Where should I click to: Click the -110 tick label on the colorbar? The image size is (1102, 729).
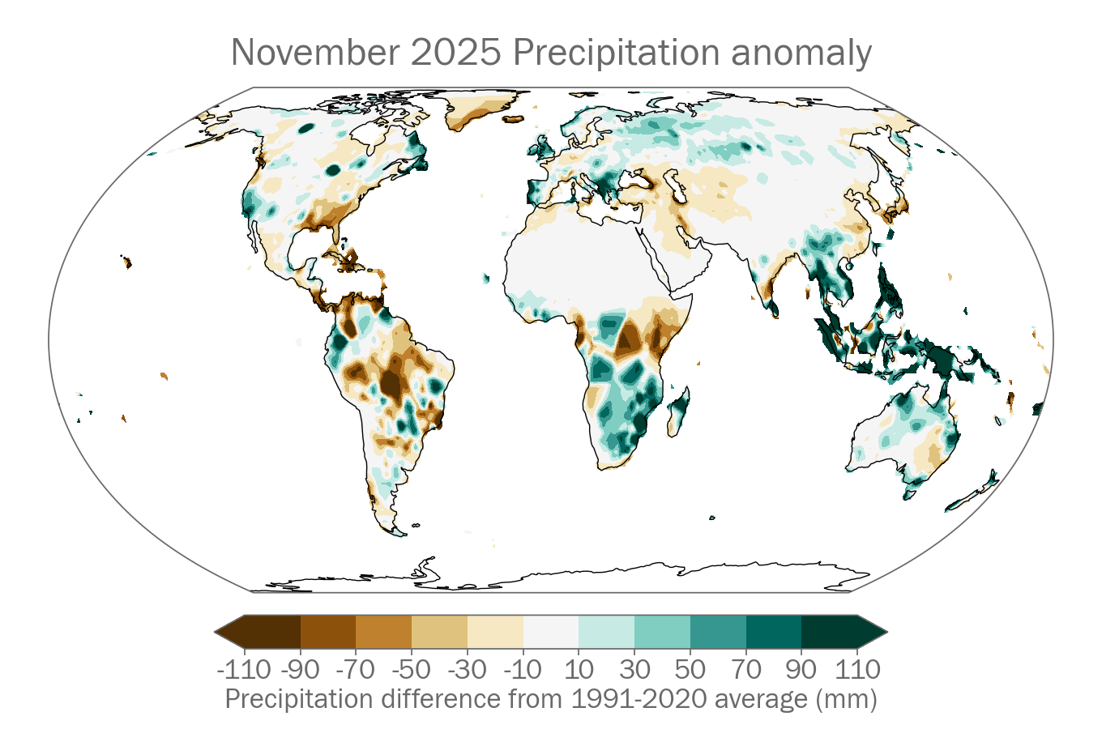pyautogui.click(x=244, y=670)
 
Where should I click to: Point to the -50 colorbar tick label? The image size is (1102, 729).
pyautogui.click(x=412, y=670)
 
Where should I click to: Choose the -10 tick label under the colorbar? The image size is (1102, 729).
pyautogui.click(x=523, y=670)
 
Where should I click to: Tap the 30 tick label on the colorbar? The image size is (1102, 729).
pyautogui.click(x=634, y=670)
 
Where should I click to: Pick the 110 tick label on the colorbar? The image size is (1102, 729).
pyautogui.click(x=857, y=670)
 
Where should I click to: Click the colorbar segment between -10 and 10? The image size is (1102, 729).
pyautogui.click(x=551, y=632)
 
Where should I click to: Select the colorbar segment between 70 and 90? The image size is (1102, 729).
pyautogui.click(x=774, y=632)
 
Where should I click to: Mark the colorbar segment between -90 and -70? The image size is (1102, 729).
pyautogui.click(x=328, y=632)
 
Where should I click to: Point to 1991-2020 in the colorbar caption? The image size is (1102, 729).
pyautogui.click(x=629, y=698)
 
